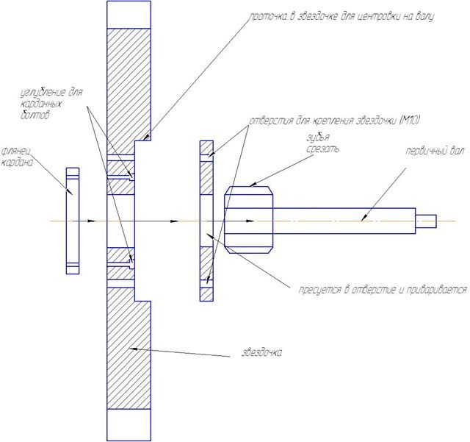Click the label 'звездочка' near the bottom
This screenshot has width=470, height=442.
[261, 352]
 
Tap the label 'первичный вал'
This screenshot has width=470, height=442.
[435, 151]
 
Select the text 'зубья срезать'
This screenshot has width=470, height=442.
[322, 143]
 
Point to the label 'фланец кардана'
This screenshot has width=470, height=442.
[18, 157]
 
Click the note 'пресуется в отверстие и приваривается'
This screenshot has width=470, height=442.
[383, 290]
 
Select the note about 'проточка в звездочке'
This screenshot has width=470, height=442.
[341, 17]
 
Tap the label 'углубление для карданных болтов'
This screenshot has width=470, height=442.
[51, 104]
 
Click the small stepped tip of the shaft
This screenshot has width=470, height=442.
[426, 221]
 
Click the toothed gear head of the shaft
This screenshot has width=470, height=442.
[249, 220]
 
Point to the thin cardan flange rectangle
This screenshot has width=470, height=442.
[73, 221]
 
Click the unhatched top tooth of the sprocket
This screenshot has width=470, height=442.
[129, 15]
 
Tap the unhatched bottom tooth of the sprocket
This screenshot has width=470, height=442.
[129, 425]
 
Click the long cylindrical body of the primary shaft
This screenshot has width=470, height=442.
[344, 221]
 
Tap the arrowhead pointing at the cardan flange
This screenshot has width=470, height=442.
[69, 192]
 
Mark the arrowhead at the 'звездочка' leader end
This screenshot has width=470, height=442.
[133, 349]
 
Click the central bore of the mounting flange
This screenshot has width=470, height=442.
[206, 221]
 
